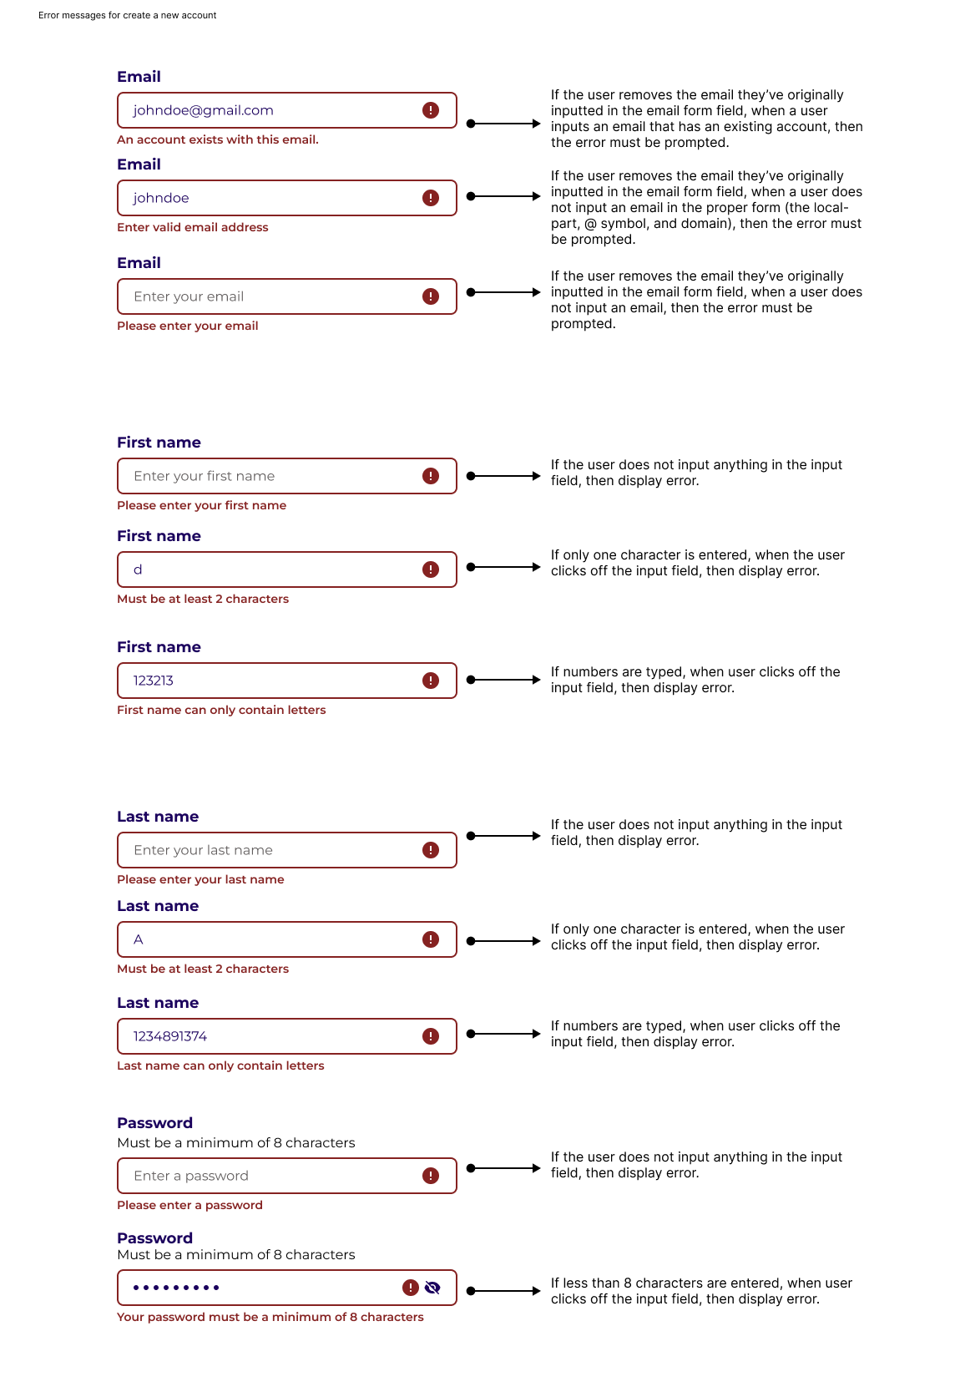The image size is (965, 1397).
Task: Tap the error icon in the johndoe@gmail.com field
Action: pyautogui.click(x=431, y=110)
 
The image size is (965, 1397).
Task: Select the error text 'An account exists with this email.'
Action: pyautogui.click(x=218, y=139)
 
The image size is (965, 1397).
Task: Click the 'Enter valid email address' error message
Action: pyautogui.click(x=193, y=227)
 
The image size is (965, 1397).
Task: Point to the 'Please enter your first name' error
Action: pyautogui.click(x=202, y=505)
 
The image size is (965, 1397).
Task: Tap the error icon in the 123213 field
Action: pyautogui.click(x=431, y=681)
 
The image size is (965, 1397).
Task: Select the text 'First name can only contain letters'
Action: pyautogui.click(x=221, y=710)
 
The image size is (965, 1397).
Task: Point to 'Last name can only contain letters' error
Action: pyautogui.click(x=220, y=1065)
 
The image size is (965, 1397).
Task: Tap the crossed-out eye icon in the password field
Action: pyautogui.click(x=432, y=1288)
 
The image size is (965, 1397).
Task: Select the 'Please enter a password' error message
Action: pyautogui.click(x=190, y=1205)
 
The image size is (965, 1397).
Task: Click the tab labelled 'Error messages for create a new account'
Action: pyautogui.click(x=128, y=16)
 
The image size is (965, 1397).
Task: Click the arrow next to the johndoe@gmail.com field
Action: pyautogui.click(x=503, y=124)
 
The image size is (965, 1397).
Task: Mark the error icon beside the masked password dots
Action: pyautogui.click(x=411, y=1288)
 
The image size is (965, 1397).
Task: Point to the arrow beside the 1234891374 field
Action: pyautogui.click(x=503, y=1034)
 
